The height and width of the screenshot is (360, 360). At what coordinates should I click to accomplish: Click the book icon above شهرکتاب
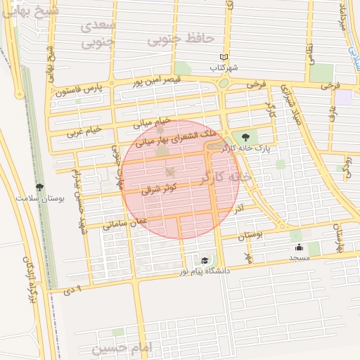[x=224, y=57]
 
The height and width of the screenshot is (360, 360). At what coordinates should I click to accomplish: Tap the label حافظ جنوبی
[x=180, y=39]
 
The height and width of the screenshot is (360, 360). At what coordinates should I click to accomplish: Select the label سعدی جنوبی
[x=98, y=34]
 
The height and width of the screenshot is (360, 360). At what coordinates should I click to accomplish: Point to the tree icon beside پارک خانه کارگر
[x=245, y=138]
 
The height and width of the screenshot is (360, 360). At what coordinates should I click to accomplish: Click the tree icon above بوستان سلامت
[x=39, y=188]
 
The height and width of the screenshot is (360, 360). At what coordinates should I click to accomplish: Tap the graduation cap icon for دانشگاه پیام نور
[x=205, y=260]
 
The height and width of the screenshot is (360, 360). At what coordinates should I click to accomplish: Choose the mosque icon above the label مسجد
[x=299, y=247]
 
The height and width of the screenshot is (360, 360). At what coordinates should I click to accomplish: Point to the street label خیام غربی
[x=84, y=131]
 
